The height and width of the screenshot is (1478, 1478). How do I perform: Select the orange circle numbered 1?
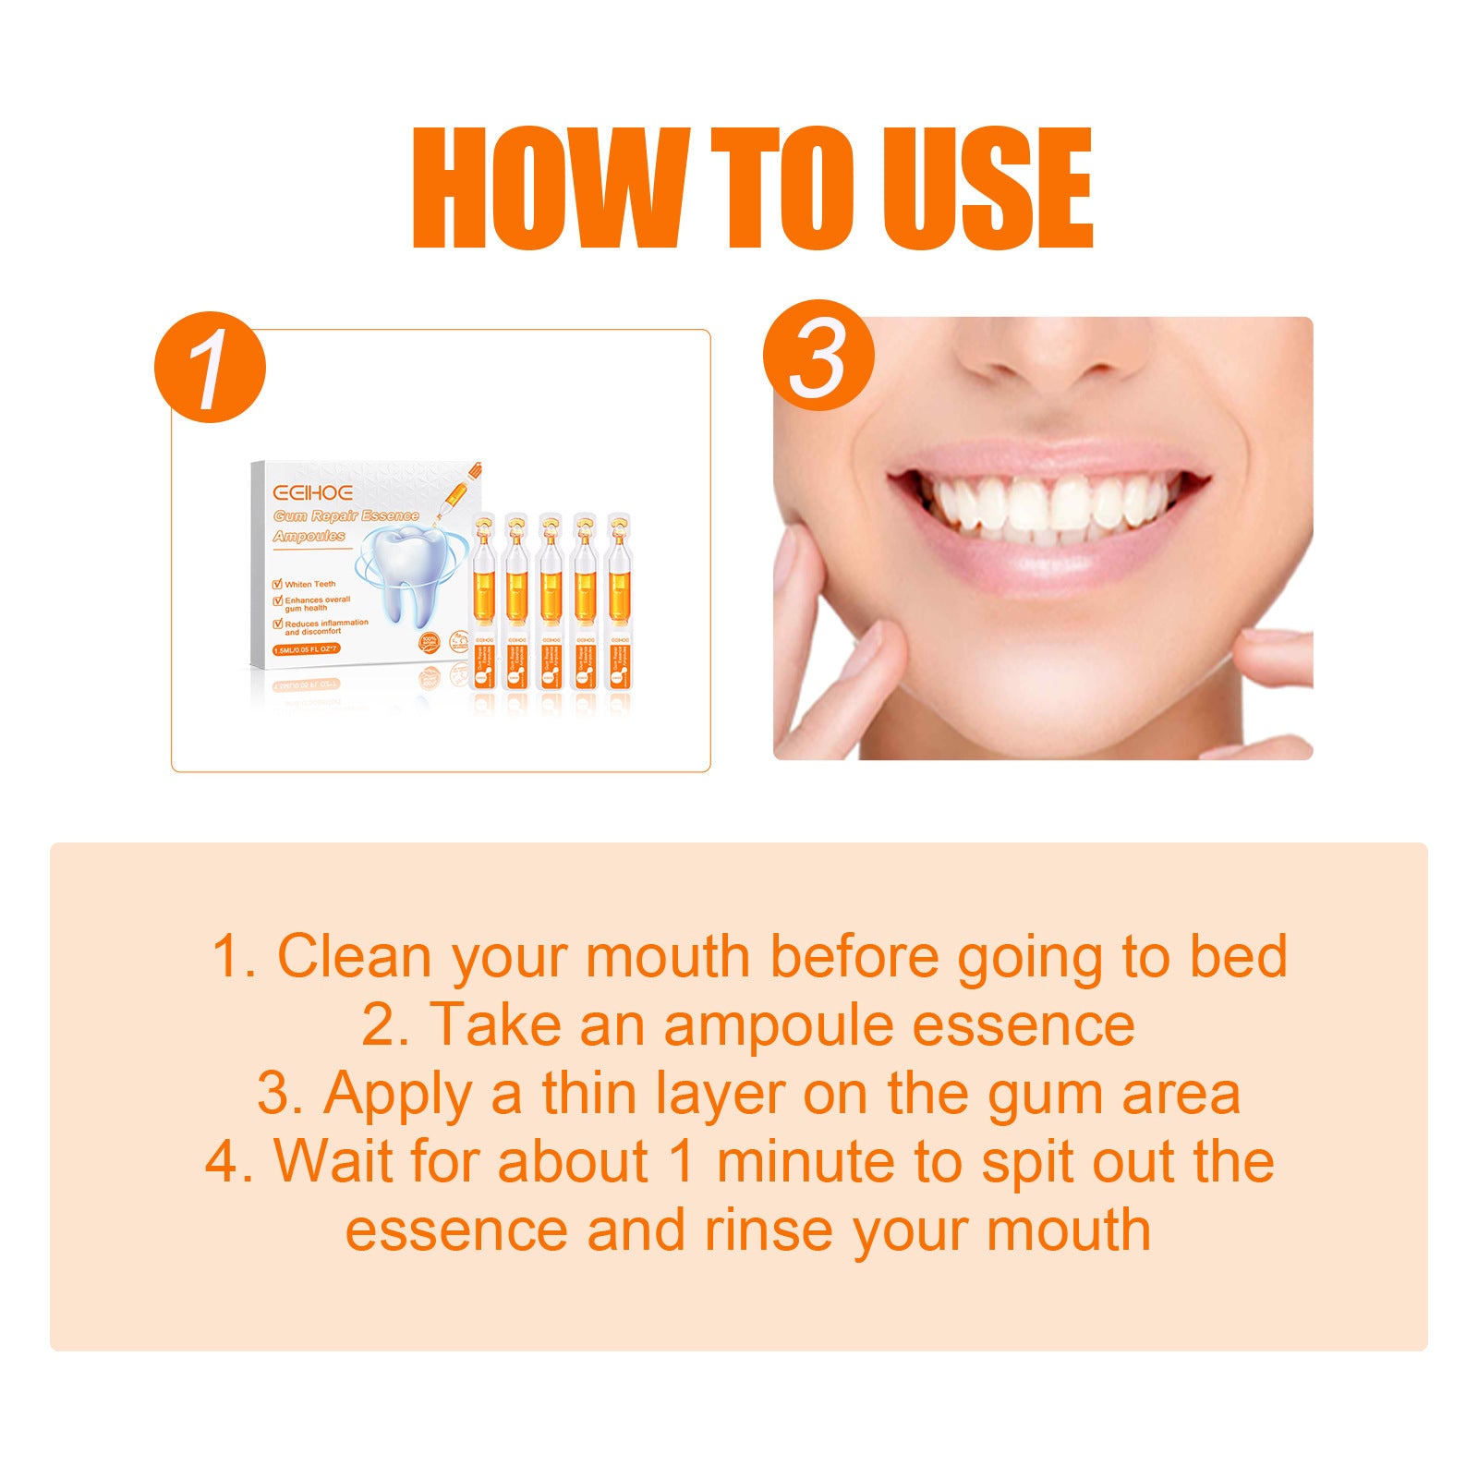(211, 368)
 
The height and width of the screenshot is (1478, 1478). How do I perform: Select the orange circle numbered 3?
(818, 356)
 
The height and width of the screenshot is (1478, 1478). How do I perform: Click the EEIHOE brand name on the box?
(312, 492)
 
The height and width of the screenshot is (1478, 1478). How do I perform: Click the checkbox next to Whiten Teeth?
(277, 584)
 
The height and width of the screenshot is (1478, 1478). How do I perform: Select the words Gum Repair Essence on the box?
(346, 515)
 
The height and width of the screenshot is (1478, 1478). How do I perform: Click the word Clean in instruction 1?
(355, 956)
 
